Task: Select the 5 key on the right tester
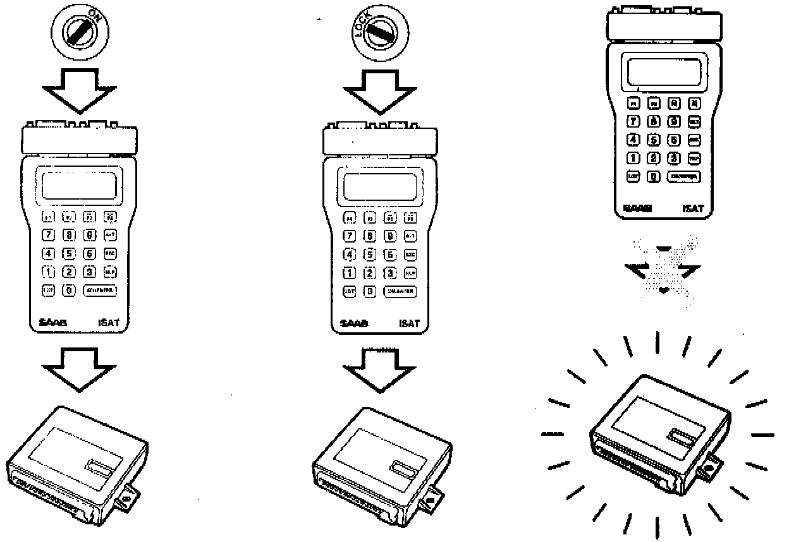tap(654, 140)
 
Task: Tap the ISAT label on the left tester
tap(109, 325)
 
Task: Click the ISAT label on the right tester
tap(694, 208)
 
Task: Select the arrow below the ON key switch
tap(80, 88)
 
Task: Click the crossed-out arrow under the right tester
tap(663, 267)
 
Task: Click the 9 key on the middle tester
tap(391, 236)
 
